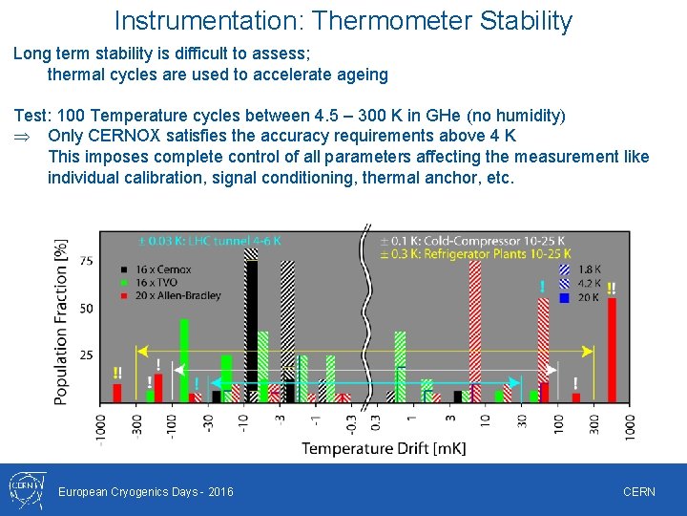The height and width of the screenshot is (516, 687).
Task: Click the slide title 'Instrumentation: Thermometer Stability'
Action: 343,21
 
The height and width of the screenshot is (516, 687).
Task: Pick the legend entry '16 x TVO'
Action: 156,283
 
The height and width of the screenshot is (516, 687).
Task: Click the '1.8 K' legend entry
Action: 590,270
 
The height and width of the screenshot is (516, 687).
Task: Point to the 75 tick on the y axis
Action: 86,261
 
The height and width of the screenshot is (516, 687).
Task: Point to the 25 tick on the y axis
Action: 86,355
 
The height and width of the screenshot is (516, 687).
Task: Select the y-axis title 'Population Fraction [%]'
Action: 61,321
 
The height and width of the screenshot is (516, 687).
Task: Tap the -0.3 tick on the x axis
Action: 351,424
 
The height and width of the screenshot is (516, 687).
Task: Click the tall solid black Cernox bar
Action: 251,330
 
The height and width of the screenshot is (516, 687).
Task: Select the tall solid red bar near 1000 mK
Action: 612,350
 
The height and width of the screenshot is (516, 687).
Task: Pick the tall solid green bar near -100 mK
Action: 184,360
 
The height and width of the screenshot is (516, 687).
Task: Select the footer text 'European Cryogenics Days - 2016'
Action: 145,492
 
